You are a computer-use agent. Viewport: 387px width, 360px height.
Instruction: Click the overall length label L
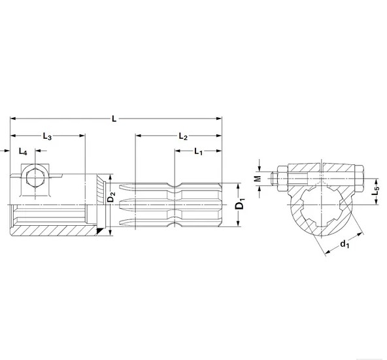click(114, 119)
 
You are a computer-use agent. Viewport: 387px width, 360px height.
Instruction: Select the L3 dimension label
click(47, 136)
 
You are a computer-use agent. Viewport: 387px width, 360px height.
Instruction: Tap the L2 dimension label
click(183, 136)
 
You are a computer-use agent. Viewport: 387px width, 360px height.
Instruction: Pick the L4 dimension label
click(23, 152)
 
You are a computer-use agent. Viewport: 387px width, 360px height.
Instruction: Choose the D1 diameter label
click(240, 205)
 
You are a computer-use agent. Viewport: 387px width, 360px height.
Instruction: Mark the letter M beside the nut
click(258, 177)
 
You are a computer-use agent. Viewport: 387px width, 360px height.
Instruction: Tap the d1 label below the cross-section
click(344, 246)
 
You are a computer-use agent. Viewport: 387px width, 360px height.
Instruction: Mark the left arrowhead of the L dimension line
click(12, 119)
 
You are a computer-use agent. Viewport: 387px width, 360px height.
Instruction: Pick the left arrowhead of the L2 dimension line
click(137, 136)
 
